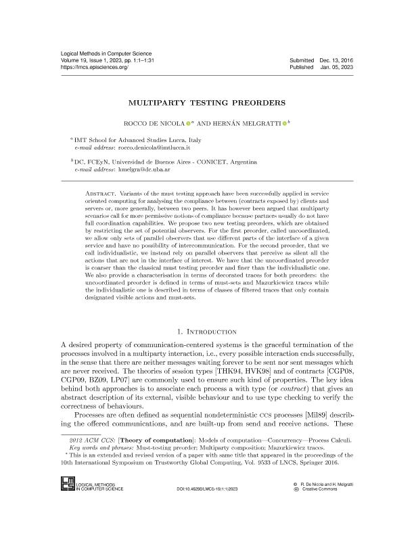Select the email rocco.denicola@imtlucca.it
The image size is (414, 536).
click(x=155, y=146)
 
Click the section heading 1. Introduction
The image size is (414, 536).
click(x=207, y=332)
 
